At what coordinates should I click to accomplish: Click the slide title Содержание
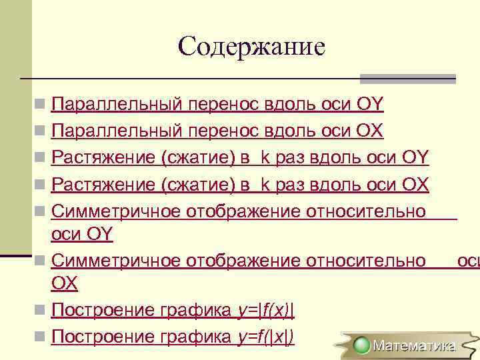pos(251,46)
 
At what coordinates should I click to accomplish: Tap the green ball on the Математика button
pos(362,345)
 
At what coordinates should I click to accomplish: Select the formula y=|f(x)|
pos(266,310)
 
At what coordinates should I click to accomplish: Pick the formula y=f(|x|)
pos(266,337)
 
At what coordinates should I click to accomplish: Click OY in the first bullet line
pos(371,104)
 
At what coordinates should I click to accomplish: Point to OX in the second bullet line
pos(371,131)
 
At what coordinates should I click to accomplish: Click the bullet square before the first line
pos(41,105)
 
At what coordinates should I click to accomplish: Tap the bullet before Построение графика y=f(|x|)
pos(41,337)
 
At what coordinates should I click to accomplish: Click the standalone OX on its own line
pos(64,283)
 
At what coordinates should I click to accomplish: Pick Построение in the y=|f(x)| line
pos(105,310)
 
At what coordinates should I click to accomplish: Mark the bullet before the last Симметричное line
pos(41,261)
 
